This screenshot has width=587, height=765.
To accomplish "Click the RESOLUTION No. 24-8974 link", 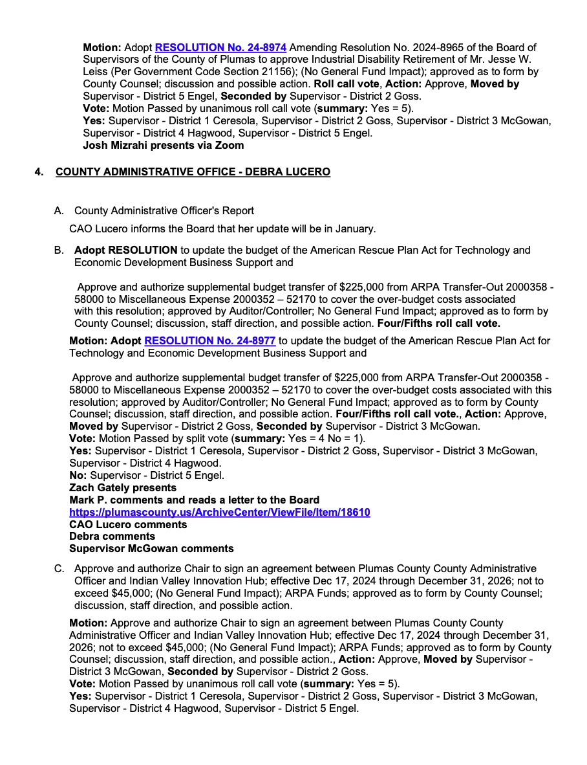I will pos(220,47).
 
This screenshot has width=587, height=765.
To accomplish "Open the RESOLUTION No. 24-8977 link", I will pos(209,340).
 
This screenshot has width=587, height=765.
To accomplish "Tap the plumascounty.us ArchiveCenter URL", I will pos(219,512).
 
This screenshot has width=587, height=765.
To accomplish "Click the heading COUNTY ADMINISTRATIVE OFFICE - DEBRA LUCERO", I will pos(193,172).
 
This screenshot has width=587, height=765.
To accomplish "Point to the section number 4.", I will pos(39,172).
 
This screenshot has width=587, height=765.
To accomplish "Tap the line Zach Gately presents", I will pos(122,487).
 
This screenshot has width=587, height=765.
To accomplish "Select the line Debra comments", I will pos(112,536).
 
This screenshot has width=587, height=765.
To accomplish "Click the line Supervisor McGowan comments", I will pos(151,548).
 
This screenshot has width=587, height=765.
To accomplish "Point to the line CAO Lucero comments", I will pos(128,524).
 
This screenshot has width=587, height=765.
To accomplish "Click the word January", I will pos(354,228).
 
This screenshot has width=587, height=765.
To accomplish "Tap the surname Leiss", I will pos(96,72).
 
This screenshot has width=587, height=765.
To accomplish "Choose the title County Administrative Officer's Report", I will pos(164,210).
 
